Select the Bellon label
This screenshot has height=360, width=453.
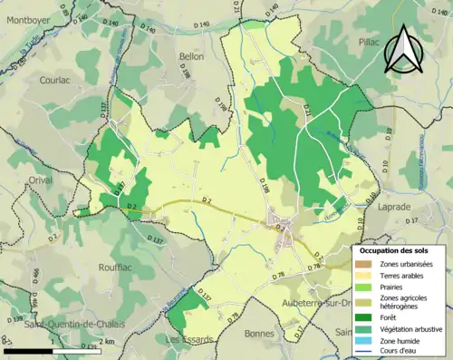(x=192, y=56)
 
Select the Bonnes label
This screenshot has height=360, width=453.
(x=259, y=334)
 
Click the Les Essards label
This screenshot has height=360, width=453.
(x=190, y=339)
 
